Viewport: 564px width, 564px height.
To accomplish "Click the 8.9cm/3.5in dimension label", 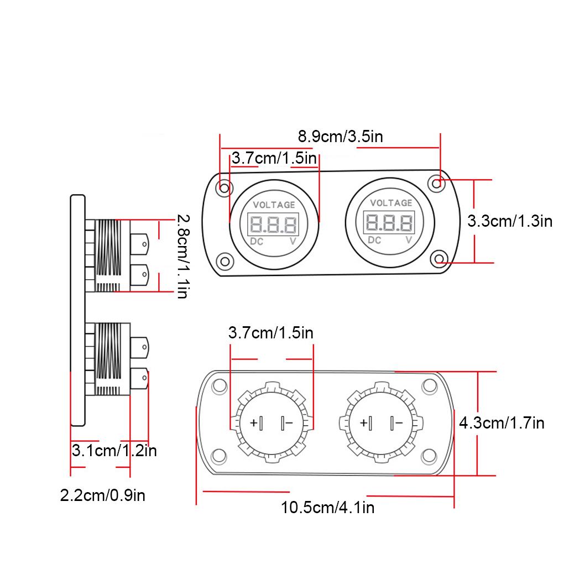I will tap(340, 137).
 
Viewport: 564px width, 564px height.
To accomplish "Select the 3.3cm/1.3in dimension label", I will tap(510, 221).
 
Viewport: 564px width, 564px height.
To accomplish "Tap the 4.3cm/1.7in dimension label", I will tap(502, 423).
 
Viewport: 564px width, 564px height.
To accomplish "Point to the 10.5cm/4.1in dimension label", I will tap(327, 507).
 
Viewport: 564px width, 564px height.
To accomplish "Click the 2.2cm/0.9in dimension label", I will tap(103, 495).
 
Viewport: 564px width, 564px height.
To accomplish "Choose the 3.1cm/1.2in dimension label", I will tap(114, 451).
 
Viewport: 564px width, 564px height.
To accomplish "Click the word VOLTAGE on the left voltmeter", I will tap(274, 205).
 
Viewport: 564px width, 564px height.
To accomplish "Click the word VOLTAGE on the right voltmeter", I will tap(391, 203).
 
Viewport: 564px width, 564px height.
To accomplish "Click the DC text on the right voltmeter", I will tap(374, 240).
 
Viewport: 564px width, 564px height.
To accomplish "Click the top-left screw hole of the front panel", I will tap(224, 188).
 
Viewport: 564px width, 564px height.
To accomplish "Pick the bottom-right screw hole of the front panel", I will tap(439, 259).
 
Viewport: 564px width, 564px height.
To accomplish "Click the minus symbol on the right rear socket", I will tap(398, 424).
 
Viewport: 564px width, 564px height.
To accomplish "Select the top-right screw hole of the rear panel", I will tap(429, 386).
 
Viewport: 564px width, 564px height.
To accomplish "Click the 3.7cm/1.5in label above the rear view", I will tap(270, 333).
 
